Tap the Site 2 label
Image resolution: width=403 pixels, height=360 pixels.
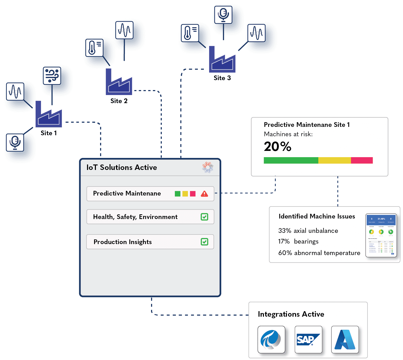(x=119, y=101)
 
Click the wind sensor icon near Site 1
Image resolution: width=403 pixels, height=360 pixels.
(x=52, y=76)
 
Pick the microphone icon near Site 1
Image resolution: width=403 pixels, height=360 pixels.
(x=15, y=143)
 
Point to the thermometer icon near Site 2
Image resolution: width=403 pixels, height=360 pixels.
(x=94, y=48)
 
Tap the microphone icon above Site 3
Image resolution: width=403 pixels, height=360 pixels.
(x=223, y=15)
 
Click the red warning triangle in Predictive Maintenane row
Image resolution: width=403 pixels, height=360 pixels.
(x=204, y=194)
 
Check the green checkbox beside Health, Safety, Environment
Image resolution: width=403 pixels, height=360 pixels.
(x=204, y=217)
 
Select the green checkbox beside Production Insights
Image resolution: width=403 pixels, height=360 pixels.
(x=204, y=242)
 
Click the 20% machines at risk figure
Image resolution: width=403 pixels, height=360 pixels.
(x=278, y=146)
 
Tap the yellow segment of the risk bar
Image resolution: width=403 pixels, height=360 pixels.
(x=334, y=160)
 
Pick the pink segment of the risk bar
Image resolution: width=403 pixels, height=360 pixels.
(x=362, y=160)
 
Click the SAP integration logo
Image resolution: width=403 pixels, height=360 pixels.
(x=308, y=339)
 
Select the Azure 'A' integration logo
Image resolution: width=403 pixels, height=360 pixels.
(x=345, y=339)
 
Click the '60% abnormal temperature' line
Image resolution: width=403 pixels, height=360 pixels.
(x=319, y=253)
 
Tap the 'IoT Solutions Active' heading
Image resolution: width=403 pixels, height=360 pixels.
(x=122, y=167)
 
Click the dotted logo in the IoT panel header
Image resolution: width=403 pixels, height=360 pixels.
(x=208, y=167)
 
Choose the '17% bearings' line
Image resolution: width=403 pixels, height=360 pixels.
(x=298, y=241)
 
